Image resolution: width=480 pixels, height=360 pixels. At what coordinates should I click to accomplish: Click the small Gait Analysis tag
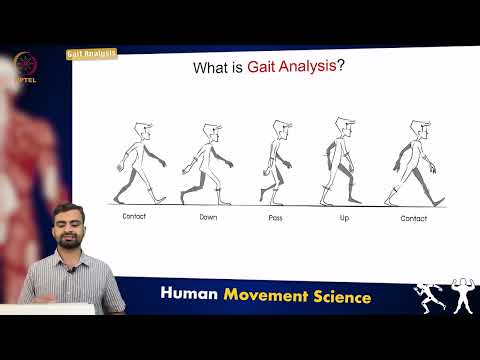[x=91, y=53]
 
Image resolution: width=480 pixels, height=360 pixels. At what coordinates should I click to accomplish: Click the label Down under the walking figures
[x=209, y=216]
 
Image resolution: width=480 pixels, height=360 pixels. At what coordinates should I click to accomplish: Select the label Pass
[x=277, y=216]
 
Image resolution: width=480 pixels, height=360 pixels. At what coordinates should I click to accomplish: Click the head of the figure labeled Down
[x=210, y=132]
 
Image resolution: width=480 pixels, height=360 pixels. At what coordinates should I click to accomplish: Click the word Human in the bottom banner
[x=191, y=296]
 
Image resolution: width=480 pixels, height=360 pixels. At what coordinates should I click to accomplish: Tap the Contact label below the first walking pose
[x=135, y=216]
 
